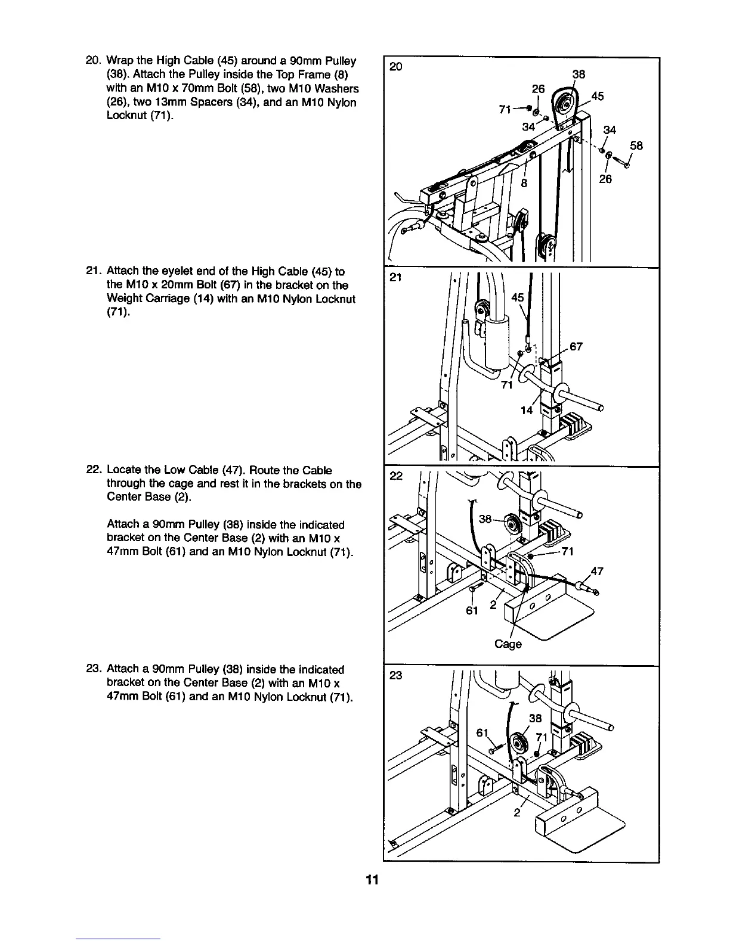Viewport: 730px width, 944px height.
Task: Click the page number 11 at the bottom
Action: click(x=372, y=880)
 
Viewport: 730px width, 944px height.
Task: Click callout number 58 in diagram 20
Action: click(x=636, y=145)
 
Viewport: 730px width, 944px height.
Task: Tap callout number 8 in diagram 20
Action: click(x=524, y=183)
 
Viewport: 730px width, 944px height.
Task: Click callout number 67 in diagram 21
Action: click(x=576, y=347)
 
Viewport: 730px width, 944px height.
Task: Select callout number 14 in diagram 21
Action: click(x=527, y=411)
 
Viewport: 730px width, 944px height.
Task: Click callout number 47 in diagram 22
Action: click(x=596, y=572)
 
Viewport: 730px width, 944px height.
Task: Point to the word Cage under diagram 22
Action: click(x=508, y=644)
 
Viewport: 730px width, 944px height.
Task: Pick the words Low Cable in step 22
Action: click(x=187, y=470)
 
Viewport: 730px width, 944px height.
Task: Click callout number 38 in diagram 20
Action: click(x=578, y=74)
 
